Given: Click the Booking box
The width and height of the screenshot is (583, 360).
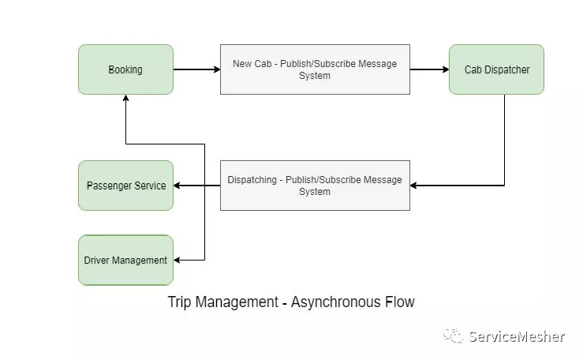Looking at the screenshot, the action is pyautogui.click(x=125, y=69).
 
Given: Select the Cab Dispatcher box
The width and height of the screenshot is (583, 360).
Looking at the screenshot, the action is pyautogui.click(x=496, y=69).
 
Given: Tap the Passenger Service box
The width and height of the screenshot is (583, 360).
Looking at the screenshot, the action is pyautogui.click(x=125, y=186).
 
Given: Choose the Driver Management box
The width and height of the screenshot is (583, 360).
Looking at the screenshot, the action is pyautogui.click(x=125, y=260).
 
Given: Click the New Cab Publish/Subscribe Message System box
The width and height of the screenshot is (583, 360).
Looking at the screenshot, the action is pyautogui.click(x=315, y=69).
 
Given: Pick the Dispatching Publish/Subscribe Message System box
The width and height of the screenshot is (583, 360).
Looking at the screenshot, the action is pyautogui.click(x=315, y=186).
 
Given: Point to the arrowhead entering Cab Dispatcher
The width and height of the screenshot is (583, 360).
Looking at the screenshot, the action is pyautogui.click(x=446, y=69).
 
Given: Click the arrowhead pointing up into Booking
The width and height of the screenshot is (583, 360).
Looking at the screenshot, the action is pyautogui.click(x=125, y=98).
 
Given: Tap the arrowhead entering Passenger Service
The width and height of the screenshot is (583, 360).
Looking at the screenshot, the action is pyautogui.click(x=177, y=186).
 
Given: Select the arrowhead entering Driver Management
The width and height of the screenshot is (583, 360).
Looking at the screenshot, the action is pyautogui.click(x=177, y=260).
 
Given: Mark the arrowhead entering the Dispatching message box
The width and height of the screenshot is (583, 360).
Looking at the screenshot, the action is pyautogui.click(x=414, y=186).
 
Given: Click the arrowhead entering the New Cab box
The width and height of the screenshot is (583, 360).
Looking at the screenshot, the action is pyautogui.click(x=217, y=69).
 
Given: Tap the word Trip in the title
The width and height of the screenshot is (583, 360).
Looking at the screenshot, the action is pyautogui.click(x=180, y=302).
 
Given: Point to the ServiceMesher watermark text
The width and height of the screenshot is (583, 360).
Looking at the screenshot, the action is pyautogui.click(x=517, y=336).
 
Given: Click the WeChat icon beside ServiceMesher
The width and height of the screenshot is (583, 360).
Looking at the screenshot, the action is pyautogui.click(x=453, y=336).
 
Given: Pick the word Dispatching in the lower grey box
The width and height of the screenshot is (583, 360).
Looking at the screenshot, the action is pyautogui.click(x=252, y=180).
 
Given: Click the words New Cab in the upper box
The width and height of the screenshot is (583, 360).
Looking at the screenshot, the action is pyautogui.click(x=252, y=64).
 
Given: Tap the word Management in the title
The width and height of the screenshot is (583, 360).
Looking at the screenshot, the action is pyautogui.click(x=237, y=302).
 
